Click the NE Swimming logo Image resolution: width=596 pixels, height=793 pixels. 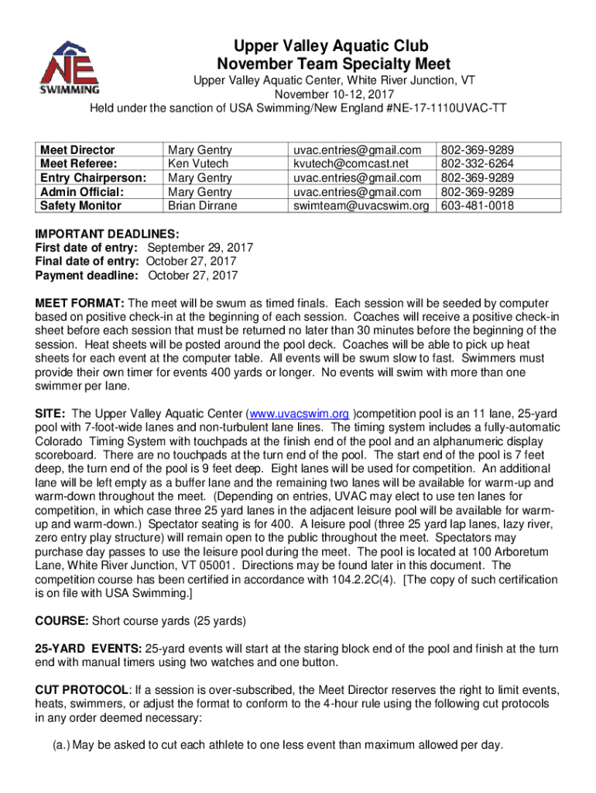tap(70, 66)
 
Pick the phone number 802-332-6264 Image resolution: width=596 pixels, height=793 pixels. tap(478, 163)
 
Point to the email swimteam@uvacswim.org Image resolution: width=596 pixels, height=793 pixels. tap(360, 206)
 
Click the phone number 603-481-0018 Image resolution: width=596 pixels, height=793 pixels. tap(478, 206)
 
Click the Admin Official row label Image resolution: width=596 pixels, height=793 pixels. tap(81, 192)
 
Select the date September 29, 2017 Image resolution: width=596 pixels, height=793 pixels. tap(200, 248)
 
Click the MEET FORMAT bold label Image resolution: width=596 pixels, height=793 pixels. tap(80, 303)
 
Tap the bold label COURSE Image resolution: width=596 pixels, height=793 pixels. tap(62, 621)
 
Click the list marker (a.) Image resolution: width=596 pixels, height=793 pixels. tap(60, 746)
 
